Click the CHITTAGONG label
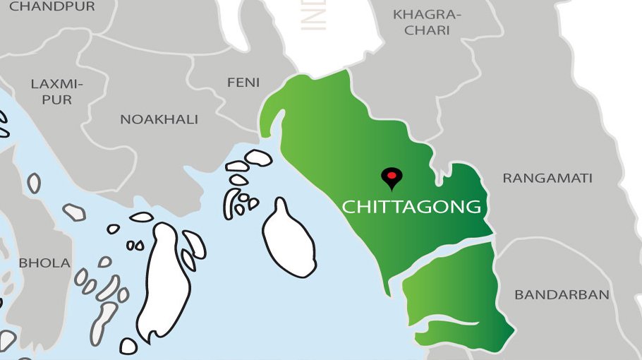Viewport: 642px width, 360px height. tap(411, 207)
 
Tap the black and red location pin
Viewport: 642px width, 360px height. tap(389, 179)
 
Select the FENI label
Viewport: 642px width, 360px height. tap(243, 83)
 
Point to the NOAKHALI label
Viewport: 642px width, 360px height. tap(159, 119)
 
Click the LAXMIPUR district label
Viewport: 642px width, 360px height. tap(56, 92)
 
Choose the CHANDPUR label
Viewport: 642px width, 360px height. tap(52, 6)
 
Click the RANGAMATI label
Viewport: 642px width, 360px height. tap(547, 179)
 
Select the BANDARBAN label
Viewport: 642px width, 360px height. tap(562, 295)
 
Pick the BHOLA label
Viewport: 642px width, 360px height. tap(44, 263)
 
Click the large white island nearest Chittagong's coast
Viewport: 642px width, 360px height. tap(288, 240)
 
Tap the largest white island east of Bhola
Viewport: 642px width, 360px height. tap(164, 282)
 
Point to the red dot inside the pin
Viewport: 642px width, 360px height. tap(389, 174)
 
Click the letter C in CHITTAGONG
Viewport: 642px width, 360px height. tap(348, 208)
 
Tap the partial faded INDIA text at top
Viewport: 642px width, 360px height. tap(314, 14)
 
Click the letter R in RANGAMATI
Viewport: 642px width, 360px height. tap(507, 179)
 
